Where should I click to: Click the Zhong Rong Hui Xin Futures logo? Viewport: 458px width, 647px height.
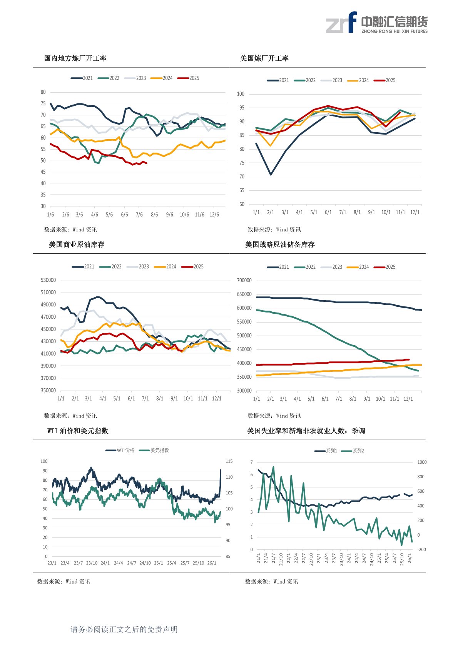(x=376, y=23)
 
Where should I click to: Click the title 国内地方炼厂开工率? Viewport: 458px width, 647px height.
(x=75, y=58)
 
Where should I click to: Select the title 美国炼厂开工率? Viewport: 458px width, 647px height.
(x=264, y=58)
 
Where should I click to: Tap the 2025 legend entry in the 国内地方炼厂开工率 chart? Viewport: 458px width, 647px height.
(x=189, y=78)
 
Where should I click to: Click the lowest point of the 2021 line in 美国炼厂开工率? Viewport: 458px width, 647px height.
(x=271, y=175)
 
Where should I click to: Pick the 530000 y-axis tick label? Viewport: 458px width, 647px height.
(x=48, y=280)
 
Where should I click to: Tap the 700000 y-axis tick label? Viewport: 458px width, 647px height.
(x=244, y=281)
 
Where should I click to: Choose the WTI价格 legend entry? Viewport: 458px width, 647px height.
(x=120, y=450)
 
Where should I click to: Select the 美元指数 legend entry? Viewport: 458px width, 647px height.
(x=155, y=450)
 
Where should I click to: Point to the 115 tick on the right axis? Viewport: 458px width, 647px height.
(x=229, y=461)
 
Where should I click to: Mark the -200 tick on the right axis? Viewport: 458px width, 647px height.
(x=422, y=550)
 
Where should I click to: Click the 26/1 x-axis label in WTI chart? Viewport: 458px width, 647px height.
(x=212, y=563)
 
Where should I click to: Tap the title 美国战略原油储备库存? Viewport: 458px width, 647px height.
(x=280, y=245)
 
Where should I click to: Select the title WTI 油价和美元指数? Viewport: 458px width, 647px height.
(x=78, y=431)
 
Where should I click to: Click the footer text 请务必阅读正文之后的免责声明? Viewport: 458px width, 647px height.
(x=124, y=629)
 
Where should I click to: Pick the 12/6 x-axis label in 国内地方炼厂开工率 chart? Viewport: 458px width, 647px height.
(x=214, y=215)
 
